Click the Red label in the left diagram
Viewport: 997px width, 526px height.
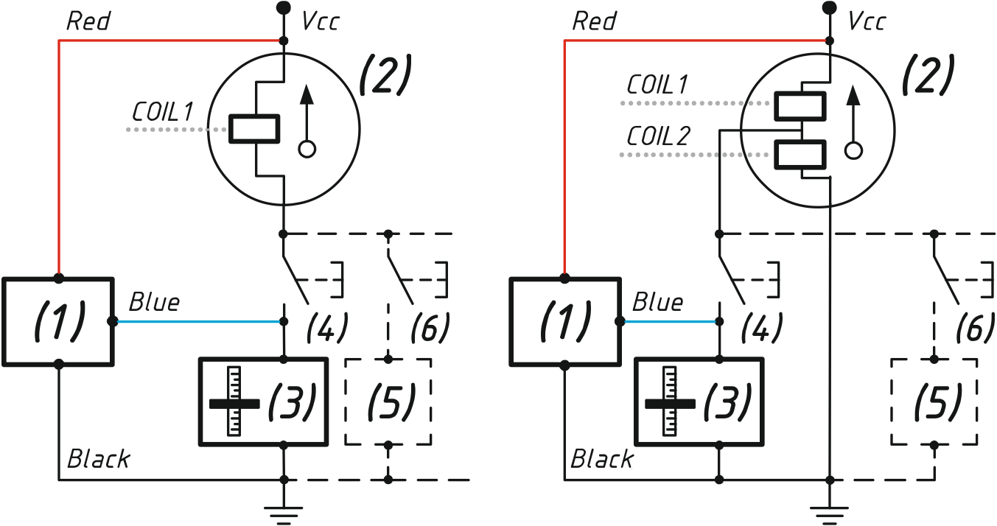tap(88, 21)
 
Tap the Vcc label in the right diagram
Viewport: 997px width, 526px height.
tap(867, 21)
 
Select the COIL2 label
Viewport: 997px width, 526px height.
tap(658, 136)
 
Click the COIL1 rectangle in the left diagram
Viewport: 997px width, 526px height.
tap(254, 129)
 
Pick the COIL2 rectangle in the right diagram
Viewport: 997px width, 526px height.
tap(800, 155)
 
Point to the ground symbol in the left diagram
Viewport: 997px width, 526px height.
tap(284, 516)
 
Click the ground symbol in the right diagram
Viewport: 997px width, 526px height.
tap(829, 516)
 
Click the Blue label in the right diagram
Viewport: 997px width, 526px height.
tap(657, 303)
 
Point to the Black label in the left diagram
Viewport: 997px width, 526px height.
tap(98, 459)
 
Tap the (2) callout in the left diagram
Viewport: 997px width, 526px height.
tap(385, 74)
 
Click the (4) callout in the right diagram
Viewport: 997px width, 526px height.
tap(761, 328)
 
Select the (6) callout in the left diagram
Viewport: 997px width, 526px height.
tap(430, 328)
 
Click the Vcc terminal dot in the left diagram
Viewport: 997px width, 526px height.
tap(284, 7)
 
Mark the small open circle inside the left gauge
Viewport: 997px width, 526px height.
tap(307, 149)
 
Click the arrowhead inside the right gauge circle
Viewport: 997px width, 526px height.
tap(853, 95)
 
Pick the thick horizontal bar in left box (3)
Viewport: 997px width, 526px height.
tap(234, 404)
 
